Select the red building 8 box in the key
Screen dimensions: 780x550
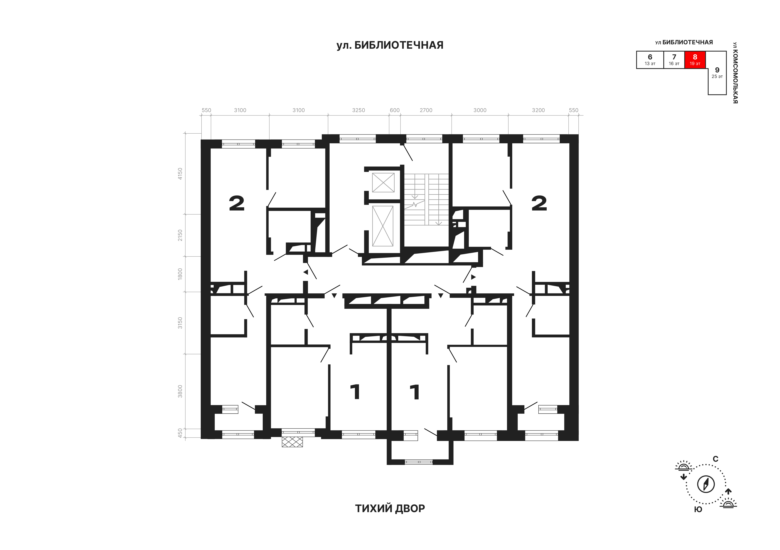tap(695, 60)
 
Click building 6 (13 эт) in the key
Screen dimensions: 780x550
tap(650, 60)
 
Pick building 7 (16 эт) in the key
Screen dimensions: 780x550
tap(674, 60)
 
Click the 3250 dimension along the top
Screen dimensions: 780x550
tap(358, 110)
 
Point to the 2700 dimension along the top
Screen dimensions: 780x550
tap(426, 110)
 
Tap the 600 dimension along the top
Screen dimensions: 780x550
tap(395, 110)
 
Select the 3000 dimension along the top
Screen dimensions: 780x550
tap(480, 110)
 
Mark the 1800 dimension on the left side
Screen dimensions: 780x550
tap(180, 273)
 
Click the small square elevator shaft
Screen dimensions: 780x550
tap(383, 183)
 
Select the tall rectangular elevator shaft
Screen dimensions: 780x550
tap(383, 226)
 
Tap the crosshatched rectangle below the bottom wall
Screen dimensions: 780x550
tap(292, 442)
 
